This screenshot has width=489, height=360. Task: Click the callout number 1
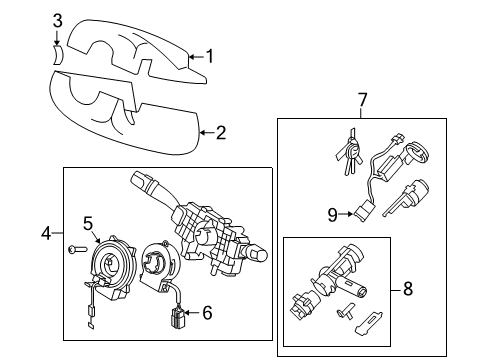pyautogui.click(x=209, y=56)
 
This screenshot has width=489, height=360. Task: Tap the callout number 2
pyautogui.click(x=221, y=133)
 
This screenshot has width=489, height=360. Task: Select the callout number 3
pyautogui.click(x=58, y=21)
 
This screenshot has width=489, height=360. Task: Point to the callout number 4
pyautogui.click(x=46, y=233)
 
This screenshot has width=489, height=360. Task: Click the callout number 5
pyautogui.click(x=88, y=223)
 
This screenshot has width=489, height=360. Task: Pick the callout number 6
pyautogui.click(x=207, y=313)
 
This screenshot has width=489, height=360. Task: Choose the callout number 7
pyautogui.click(x=362, y=100)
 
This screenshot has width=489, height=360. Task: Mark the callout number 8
pyautogui.click(x=408, y=289)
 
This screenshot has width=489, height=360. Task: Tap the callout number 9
pyautogui.click(x=333, y=215)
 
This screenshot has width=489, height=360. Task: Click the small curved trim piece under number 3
pyautogui.click(x=57, y=55)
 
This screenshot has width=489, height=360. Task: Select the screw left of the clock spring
pyautogui.click(x=77, y=249)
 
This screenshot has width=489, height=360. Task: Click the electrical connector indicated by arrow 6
pyautogui.click(x=179, y=318)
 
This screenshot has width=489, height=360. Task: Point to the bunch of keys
pyautogui.click(x=350, y=151)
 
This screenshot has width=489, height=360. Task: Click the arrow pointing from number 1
pyautogui.click(x=196, y=57)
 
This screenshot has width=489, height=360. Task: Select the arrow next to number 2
pyautogui.click(x=207, y=133)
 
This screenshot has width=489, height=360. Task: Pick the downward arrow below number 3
pyautogui.click(x=57, y=38)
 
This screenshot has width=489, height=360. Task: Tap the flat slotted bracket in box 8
pyautogui.click(x=369, y=323)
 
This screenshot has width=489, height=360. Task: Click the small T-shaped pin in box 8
pyautogui.click(x=345, y=311)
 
